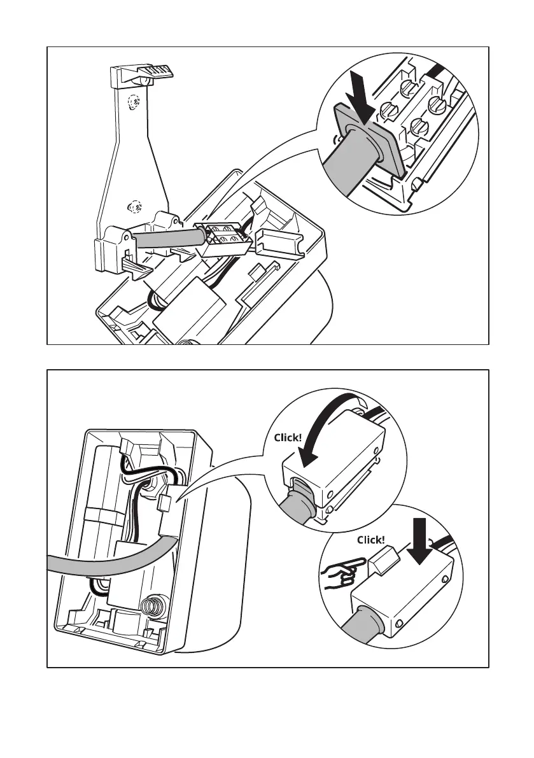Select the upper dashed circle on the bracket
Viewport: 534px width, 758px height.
pos(134,102)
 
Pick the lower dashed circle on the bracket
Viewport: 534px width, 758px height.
pos(134,207)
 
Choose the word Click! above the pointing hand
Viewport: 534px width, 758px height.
pos(371,540)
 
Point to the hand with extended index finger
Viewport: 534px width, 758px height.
pos(343,570)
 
